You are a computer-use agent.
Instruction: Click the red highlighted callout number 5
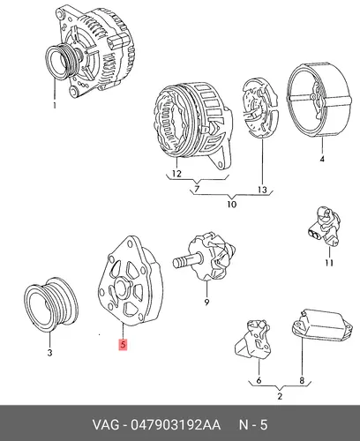(123, 345)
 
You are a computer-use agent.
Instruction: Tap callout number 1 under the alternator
(55, 105)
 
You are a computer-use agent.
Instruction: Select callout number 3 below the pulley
(49, 352)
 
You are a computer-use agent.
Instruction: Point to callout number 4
(322, 159)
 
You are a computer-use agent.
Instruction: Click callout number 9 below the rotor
(206, 302)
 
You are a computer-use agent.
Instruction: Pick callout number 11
(329, 262)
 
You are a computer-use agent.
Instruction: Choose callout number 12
(176, 174)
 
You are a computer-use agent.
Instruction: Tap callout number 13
(262, 190)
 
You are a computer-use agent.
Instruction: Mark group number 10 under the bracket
(232, 204)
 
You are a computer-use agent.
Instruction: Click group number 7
(197, 189)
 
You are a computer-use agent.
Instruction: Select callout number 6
(259, 380)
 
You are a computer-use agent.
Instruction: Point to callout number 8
(302, 380)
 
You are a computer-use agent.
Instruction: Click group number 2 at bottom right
(280, 396)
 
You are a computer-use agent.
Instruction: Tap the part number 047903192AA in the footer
(176, 425)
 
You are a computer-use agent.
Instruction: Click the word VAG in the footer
(106, 425)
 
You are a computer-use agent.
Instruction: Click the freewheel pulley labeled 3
(51, 304)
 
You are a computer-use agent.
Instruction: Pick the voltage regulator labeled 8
(322, 325)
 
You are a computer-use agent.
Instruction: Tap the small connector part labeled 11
(325, 226)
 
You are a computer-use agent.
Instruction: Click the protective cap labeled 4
(319, 100)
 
